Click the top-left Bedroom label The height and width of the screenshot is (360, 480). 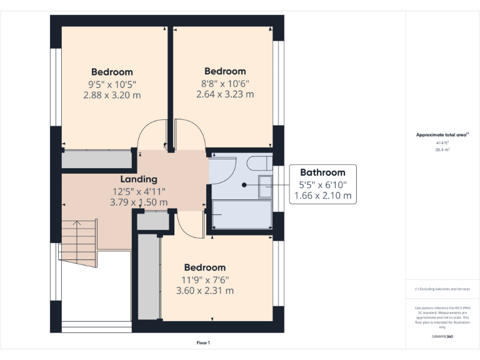coord(112,72)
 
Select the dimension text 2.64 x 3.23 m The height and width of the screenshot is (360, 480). coord(225,95)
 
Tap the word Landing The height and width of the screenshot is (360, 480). coord(139,179)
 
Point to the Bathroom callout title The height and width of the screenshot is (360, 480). coord(322,172)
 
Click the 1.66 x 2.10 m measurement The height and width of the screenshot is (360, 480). coord(322,196)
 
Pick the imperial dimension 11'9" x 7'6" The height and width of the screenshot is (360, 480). coord(204,279)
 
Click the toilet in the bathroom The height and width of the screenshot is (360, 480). coord(258,164)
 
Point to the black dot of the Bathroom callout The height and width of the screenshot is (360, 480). coord(244,185)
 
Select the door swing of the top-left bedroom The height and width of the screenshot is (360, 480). coord(151,134)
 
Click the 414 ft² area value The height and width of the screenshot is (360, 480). coord(442,142)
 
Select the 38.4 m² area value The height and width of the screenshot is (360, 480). coord(442,150)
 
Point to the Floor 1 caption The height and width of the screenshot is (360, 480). coord(203,343)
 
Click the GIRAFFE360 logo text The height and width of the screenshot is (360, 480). coord(442,336)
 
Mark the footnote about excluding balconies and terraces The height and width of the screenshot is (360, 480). coord(442,289)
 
